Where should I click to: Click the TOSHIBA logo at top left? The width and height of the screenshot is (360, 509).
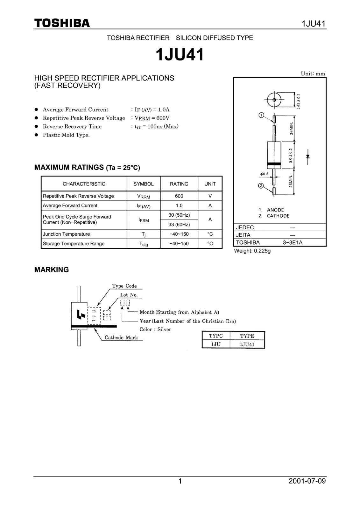click(x=62, y=23)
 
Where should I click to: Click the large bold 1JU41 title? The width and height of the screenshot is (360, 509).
click(x=180, y=55)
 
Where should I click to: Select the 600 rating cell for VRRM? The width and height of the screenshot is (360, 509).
click(x=179, y=196)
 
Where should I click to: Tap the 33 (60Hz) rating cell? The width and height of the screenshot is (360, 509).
click(x=179, y=225)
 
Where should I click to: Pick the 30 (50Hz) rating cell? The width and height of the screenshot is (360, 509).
click(x=179, y=215)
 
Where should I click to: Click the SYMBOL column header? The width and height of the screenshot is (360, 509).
click(x=143, y=184)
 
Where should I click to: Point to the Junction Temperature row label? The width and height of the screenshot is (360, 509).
click(x=67, y=234)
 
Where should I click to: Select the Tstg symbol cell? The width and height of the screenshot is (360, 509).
click(x=143, y=244)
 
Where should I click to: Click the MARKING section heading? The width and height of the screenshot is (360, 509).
click(x=52, y=270)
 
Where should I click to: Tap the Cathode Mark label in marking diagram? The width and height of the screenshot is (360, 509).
click(x=121, y=338)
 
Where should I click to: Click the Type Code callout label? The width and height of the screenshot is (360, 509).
click(x=124, y=286)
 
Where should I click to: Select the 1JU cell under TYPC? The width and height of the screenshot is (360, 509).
click(x=215, y=344)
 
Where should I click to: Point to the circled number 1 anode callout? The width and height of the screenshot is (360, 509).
click(x=261, y=115)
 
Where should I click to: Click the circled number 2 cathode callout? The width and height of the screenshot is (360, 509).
click(x=261, y=186)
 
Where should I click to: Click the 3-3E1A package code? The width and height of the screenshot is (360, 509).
click(x=293, y=243)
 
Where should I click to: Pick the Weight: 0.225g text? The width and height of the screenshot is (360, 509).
click(x=252, y=251)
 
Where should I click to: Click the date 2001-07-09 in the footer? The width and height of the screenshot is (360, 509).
click(x=307, y=481)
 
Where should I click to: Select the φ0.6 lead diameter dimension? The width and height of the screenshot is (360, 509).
click(x=264, y=174)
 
